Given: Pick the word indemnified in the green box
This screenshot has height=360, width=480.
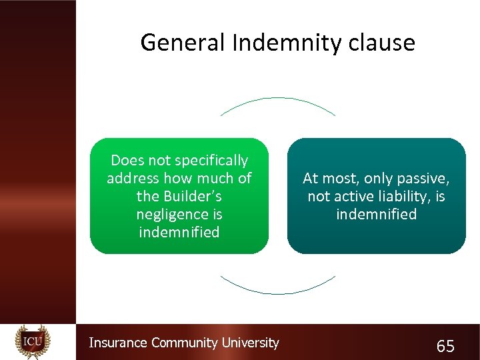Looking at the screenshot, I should pos(179,233).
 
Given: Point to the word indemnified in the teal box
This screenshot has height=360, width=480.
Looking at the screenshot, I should pos(376,215).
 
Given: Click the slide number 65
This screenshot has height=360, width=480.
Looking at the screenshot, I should pos(445,346).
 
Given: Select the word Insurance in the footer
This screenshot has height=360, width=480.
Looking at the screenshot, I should pos(119,343).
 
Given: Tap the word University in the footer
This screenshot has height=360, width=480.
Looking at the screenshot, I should pos(249,343).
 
